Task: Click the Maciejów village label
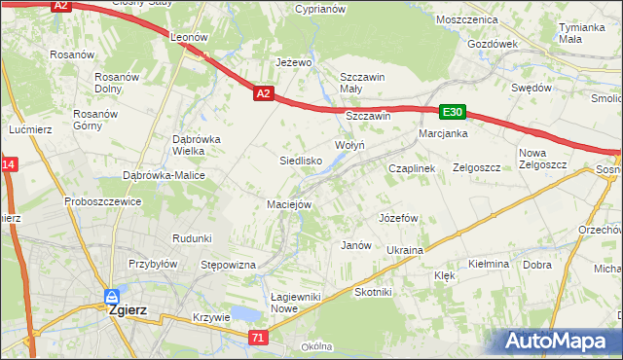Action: click(289, 204)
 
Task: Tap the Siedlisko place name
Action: click(301, 160)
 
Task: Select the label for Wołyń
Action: click(349, 145)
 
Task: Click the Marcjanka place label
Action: click(443, 133)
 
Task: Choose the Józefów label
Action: click(398, 217)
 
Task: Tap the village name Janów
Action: click(356, 245)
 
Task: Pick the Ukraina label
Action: click(405, 250)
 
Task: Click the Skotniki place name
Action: click(373, 292)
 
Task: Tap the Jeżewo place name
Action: click(293, 62)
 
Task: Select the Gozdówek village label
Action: click(492, 44)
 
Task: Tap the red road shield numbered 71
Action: click(257, 338)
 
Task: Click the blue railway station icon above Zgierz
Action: click(112, 296)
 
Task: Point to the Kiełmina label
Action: click(489, 264)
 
